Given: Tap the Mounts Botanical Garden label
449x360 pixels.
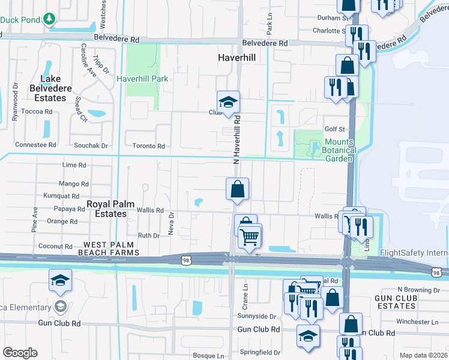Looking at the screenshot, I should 332,150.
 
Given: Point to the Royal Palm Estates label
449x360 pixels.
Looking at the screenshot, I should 106,208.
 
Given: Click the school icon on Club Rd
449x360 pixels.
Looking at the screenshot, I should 228,103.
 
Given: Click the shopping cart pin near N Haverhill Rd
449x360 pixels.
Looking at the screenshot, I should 250,236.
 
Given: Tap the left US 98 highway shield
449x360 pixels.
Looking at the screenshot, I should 186,259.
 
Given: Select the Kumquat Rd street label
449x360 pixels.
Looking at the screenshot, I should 61,196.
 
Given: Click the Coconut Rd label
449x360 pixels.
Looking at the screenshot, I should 55,246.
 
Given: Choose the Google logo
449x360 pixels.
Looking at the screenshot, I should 20,353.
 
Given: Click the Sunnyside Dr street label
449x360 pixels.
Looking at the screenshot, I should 256,316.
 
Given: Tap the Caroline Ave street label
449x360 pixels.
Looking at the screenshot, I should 89,60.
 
